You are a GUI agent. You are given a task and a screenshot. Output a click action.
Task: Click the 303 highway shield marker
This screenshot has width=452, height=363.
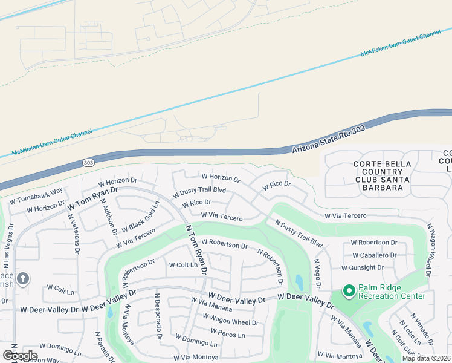click(x=89, y=163)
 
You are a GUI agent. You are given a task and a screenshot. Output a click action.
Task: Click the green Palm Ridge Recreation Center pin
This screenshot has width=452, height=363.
click(x=349, y=291)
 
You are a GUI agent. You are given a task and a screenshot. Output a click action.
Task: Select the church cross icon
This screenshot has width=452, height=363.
click(x=23, y=279)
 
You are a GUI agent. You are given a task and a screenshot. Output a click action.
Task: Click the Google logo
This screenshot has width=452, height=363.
click(x=20, y=355)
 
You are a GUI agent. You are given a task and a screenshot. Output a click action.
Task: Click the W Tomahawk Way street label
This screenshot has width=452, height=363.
click(x=36, y=196)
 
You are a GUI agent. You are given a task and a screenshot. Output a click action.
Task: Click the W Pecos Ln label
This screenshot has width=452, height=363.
click(x=228, y=334)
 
